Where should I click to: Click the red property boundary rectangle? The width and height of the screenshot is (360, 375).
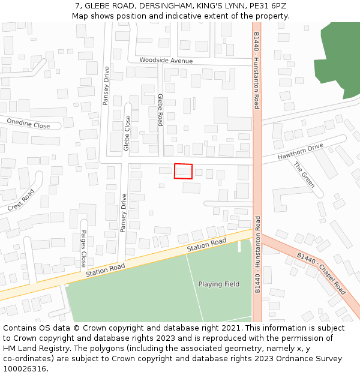[x=183, y=171]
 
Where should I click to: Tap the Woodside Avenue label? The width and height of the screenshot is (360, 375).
[x=166, y=61]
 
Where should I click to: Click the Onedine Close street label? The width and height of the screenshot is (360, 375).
[x=28, y=124]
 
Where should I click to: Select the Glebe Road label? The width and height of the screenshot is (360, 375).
[x=160, y=109]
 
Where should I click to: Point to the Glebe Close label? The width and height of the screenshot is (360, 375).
[x=127, y=133]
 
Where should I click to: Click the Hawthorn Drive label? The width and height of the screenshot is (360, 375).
[x=300, y=152]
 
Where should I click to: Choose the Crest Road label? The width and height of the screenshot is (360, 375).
[x=22, y=200]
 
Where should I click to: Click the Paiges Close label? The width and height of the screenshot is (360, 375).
[x=84, y=248]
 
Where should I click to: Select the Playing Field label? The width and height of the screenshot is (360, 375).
[x=219, y=284]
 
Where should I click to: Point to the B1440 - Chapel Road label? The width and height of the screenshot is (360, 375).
[x=322, y=273]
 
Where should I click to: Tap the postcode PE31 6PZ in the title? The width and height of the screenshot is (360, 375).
[x=266, y=6]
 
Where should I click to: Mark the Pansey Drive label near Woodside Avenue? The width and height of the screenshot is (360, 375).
[x=106, y=85]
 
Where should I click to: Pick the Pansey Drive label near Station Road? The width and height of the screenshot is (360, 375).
[x=124, y=212]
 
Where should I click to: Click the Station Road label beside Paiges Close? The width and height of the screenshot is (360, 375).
[x=105, y=271]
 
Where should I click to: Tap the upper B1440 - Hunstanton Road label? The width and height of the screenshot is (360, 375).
[x=256, y=70]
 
